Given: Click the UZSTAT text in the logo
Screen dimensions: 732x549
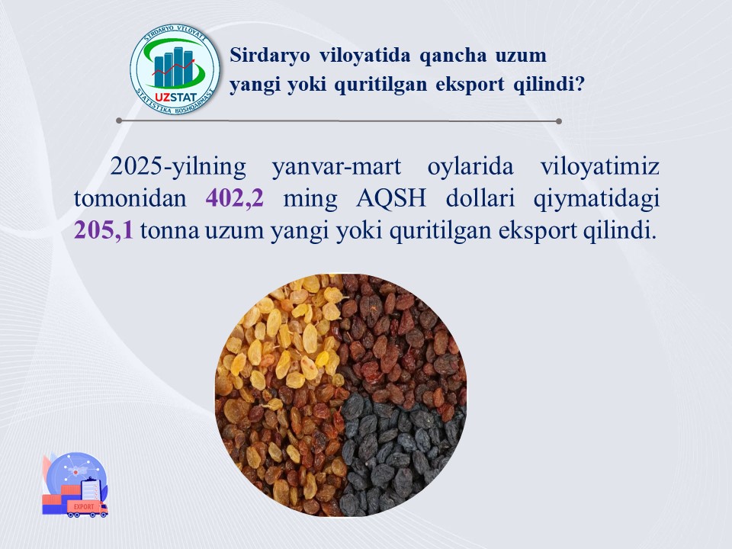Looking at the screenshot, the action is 175,98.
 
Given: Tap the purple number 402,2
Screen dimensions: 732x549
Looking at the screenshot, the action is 234,198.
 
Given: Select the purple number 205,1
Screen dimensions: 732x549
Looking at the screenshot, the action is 103,230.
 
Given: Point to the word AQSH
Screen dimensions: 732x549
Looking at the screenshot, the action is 390,198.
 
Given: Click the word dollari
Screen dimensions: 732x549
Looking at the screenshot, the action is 480,198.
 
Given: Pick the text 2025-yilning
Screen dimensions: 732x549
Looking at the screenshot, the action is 178,167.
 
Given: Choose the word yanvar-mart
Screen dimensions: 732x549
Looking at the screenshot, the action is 336,167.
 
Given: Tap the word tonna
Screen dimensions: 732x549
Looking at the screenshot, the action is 169,231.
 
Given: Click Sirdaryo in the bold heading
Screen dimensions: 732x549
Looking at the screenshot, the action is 269,55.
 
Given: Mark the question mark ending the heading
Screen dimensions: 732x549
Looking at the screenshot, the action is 579,84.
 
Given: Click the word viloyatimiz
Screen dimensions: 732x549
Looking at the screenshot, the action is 600,167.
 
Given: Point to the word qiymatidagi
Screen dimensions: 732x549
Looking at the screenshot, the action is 596,199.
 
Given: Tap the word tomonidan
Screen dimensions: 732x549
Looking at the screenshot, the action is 130,198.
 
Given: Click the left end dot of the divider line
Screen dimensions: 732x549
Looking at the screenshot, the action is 119,120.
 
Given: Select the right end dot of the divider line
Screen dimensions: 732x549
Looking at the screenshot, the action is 559,121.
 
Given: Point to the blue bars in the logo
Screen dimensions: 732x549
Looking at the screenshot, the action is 174,68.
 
